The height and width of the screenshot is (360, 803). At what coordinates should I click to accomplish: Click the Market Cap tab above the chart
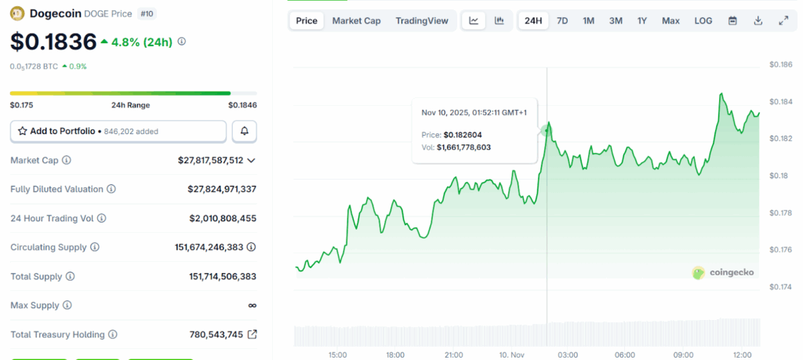coord(356,20)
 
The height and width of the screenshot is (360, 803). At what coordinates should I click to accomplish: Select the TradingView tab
coord(422,20)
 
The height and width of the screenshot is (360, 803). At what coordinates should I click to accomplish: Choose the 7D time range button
coord(562,20)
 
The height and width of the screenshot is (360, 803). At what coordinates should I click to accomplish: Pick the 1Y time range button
coord(642,20)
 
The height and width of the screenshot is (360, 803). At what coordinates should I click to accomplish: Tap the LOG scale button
coord(703,20)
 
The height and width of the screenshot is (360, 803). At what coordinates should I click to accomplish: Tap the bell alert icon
coord(245,131)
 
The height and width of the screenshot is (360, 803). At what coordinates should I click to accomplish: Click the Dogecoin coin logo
coord(17,13)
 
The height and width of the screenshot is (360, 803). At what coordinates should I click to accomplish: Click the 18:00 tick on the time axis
coord(395,355)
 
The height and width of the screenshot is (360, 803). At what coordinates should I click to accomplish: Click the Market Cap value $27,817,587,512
coord(216,161)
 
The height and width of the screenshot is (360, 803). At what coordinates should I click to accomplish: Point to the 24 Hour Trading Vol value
coord(223,218)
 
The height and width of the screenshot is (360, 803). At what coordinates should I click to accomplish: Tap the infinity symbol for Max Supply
coord(252,305)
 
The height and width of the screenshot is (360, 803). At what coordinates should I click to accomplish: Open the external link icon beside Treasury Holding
coord(252,334)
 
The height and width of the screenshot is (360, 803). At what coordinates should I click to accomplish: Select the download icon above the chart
coord(758,20)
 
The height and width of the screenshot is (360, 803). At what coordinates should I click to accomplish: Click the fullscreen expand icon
coord(783,20)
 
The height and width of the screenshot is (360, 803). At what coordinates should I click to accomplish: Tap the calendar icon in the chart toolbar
coord(732,20)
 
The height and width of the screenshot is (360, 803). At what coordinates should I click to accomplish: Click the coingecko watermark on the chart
coord(724,272)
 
